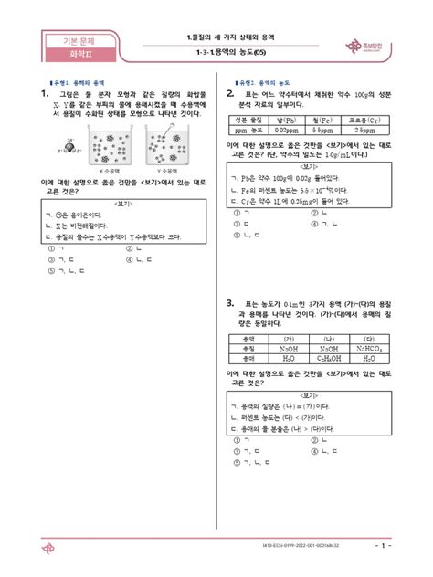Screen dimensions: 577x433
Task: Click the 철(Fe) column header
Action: point(310,121)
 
